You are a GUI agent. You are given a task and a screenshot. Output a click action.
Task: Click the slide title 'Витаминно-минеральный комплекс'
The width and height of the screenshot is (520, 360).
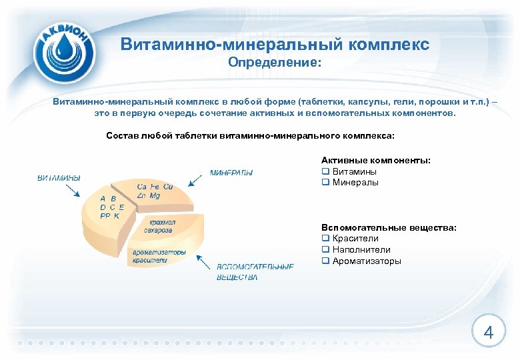(275, 45)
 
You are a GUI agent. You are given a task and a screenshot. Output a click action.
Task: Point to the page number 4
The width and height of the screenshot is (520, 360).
(488, 333)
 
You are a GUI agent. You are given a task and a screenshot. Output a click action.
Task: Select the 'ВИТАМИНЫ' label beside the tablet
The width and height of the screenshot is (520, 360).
(59, 178)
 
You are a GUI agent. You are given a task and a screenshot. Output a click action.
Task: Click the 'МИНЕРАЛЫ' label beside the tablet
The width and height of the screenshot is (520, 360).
(231, 173)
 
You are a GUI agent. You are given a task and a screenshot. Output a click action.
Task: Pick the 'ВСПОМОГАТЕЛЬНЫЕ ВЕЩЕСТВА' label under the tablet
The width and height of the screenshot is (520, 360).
(255, 272)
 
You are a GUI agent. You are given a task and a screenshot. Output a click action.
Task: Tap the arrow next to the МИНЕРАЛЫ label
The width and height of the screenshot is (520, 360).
(196, 179)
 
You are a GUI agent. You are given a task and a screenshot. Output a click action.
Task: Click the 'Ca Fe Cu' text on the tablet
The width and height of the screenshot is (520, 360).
(155, 187)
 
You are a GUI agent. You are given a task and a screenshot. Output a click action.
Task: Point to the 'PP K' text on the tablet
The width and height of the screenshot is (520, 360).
(109, 216)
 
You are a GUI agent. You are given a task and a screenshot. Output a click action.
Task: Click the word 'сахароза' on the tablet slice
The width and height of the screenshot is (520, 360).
(158, 230)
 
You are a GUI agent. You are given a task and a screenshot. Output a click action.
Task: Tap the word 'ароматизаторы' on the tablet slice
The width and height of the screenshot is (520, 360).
(159, 253)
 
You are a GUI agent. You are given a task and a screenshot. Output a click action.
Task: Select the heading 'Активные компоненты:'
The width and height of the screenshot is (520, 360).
(375, 161)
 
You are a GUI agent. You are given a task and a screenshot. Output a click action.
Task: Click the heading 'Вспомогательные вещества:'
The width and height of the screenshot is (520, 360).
(389, 227)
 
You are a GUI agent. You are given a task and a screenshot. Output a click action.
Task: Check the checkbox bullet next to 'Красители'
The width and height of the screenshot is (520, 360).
(325, 239)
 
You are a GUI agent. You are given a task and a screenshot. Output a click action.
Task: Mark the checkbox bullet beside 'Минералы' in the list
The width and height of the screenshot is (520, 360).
(325, 183)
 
